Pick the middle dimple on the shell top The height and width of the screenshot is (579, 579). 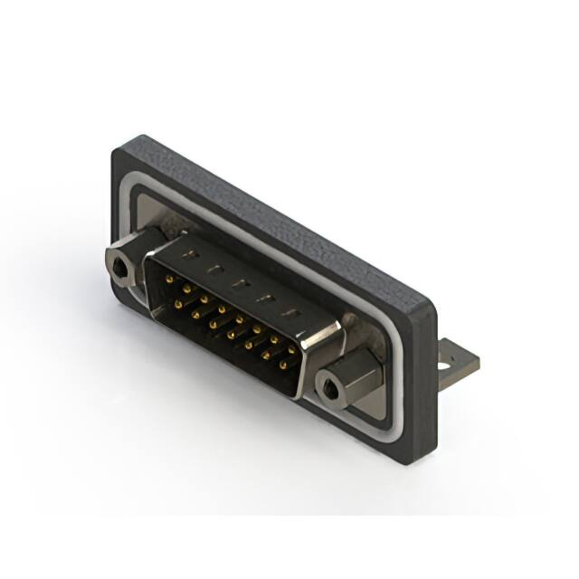pos(238,284)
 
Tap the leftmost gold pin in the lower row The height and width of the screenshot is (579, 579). pos(177,306)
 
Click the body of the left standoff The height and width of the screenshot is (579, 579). pos(127,262)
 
